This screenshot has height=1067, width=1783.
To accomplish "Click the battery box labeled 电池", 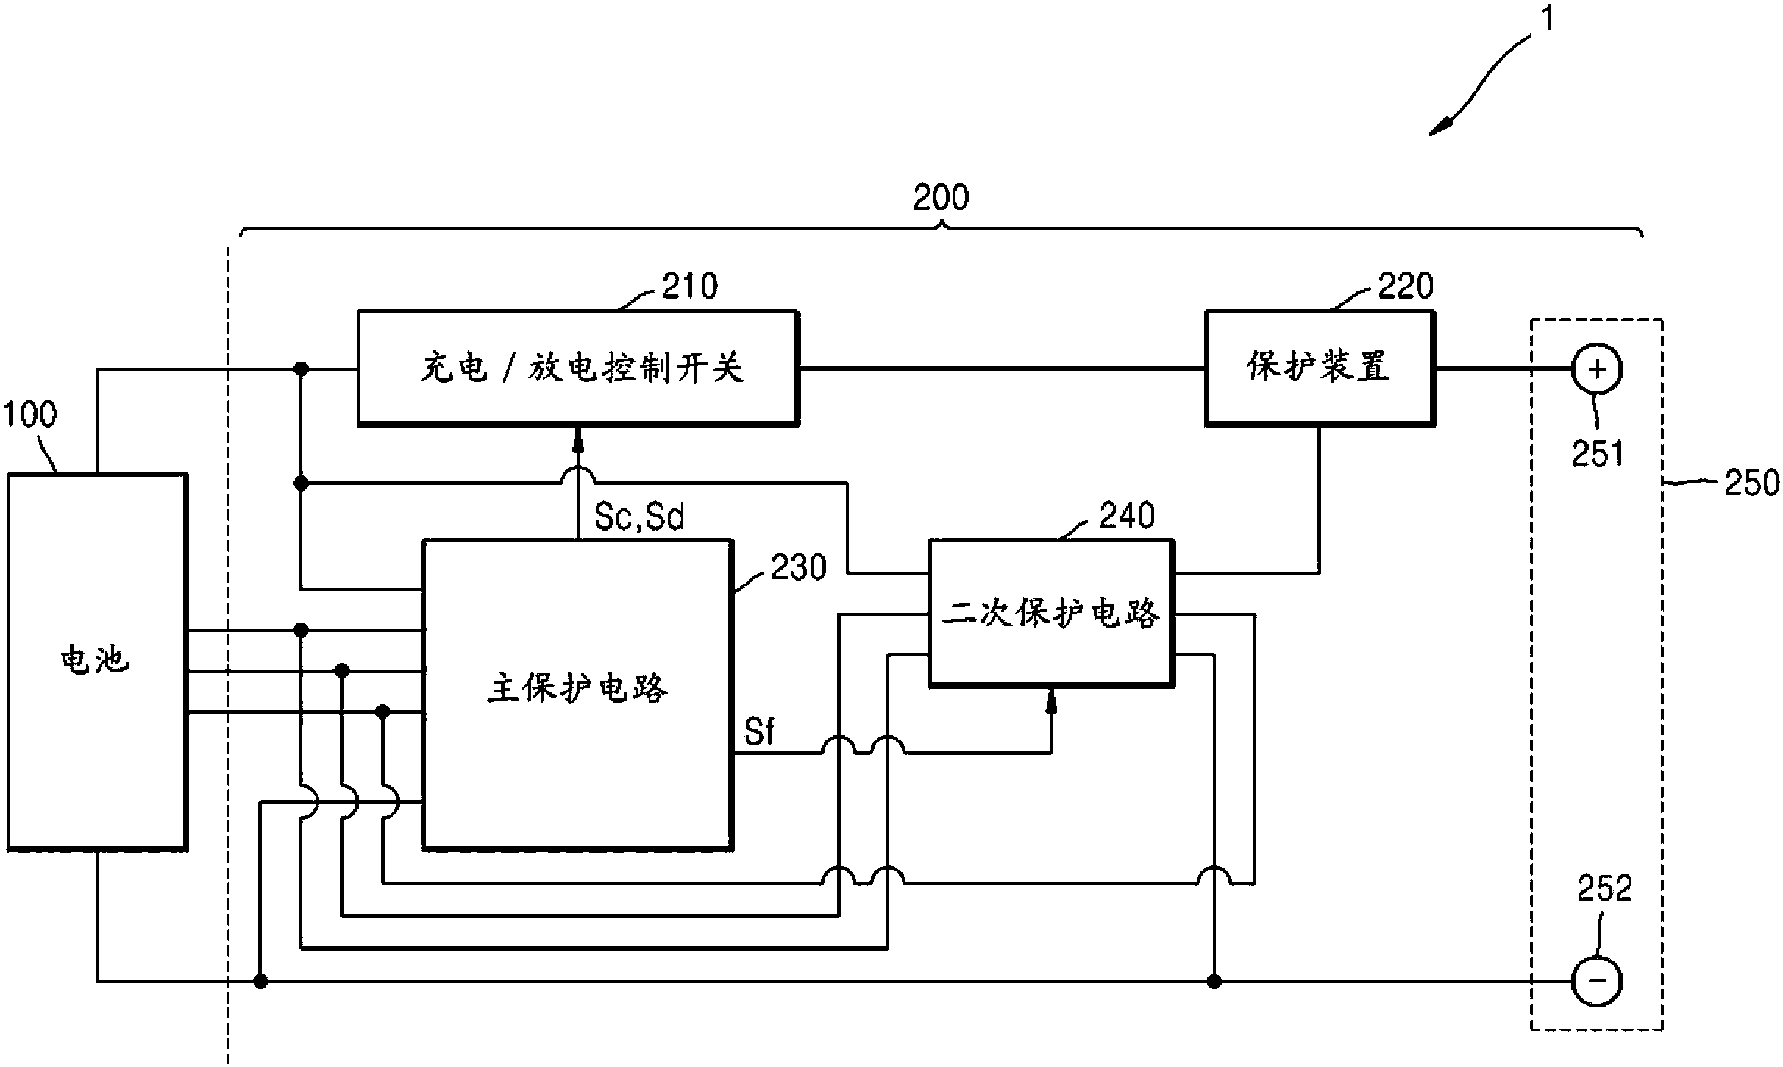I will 96,662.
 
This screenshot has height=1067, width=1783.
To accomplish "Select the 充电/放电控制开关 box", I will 578,367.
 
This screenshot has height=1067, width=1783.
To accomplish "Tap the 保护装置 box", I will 1319,367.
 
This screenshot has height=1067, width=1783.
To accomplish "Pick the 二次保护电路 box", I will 1051,613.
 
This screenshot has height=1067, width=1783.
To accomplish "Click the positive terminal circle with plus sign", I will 1597,369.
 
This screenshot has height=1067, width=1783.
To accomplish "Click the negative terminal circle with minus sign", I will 1597,980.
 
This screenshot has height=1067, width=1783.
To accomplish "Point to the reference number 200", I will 941,197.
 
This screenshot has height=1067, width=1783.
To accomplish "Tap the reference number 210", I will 689,286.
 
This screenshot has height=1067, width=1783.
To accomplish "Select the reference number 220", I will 1405,286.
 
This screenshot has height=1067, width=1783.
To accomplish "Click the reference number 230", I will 798,567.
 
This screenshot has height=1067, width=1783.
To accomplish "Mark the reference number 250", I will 1751,483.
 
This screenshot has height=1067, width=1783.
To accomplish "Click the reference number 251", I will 1597,453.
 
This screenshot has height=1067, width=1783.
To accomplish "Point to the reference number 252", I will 1604,888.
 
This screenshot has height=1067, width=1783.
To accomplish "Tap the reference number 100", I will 29,414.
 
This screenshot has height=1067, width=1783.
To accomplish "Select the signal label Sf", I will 758,732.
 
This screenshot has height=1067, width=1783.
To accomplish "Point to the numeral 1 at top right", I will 1548,20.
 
